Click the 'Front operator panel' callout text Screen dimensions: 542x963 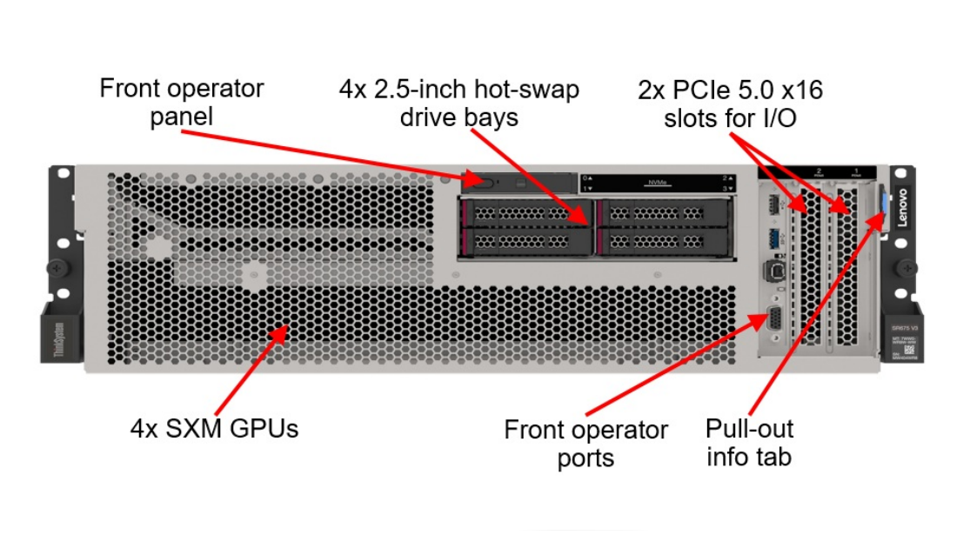(182, 103)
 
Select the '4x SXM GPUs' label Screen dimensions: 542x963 (214, 428)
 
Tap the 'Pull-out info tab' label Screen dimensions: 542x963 (749, 442)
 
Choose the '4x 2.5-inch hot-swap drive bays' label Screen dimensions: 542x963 (458, 103)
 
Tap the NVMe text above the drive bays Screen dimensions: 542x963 (657, 182)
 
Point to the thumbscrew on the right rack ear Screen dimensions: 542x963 (905, 268)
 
